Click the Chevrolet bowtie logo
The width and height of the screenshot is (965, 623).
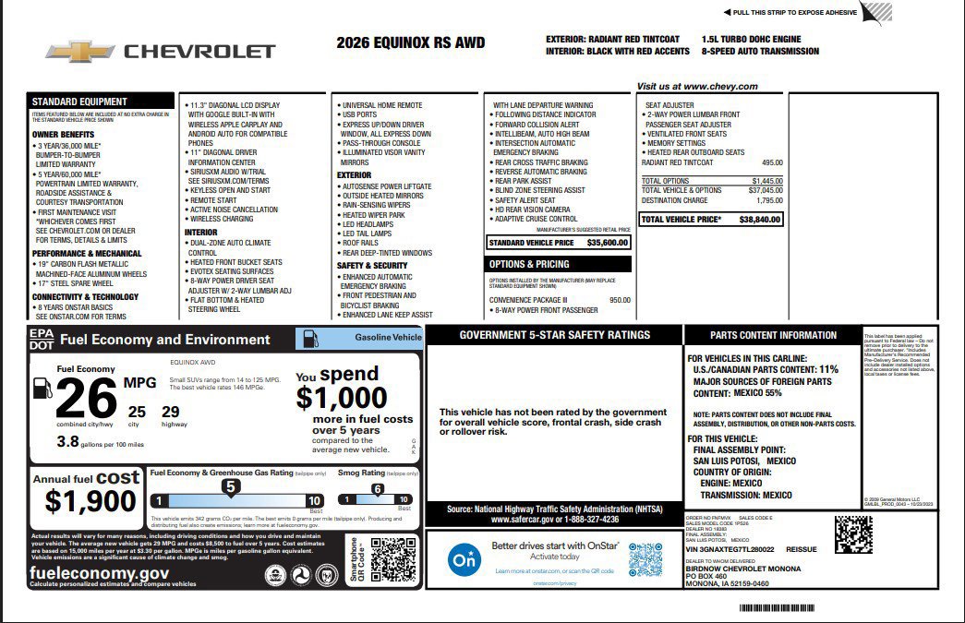(79, 52)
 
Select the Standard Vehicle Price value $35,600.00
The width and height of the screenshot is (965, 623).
(607, 243)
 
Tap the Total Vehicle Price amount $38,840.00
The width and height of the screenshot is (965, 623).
(760, 220)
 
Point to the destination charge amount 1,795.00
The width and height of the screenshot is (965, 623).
(768, 200)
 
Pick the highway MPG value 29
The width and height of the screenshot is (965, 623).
(171, 412)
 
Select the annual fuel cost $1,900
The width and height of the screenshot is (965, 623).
(90, 501)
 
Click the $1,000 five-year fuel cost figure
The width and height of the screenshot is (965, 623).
(342, 398)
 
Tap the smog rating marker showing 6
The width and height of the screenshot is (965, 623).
(377, 488)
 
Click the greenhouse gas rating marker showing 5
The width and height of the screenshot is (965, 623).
(231, 486)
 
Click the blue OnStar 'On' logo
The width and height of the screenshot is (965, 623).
(464, 559)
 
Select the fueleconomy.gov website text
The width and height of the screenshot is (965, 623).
(99, 572)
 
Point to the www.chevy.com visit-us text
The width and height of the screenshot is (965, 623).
(697, 87)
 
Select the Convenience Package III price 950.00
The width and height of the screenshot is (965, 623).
(620, 300)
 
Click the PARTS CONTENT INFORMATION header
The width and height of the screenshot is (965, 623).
(774, 335)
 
